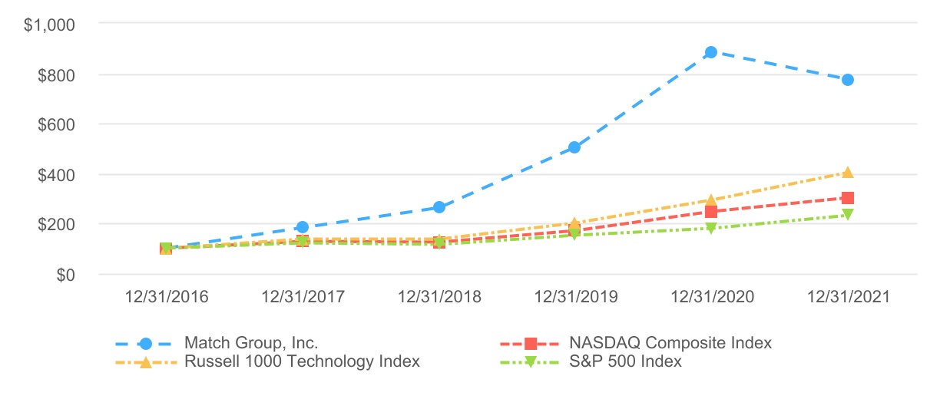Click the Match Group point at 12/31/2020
[711, 52]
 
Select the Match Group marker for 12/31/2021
[848, 80]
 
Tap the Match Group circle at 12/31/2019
[574, 147]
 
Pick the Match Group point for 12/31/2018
[439, 207]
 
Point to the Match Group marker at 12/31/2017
[303, 227]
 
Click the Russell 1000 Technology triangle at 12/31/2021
[848, 173]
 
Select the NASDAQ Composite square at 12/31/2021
[848, 198]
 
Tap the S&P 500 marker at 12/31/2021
[848, 216]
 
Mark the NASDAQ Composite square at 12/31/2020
[711, 212]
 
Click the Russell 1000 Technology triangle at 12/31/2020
[711, 200]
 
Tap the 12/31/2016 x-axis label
[166, 297]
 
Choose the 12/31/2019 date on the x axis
[574, 297]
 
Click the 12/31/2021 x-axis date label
[848, 297]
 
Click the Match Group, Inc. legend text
[251, 342]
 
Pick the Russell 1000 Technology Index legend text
[302, 361]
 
